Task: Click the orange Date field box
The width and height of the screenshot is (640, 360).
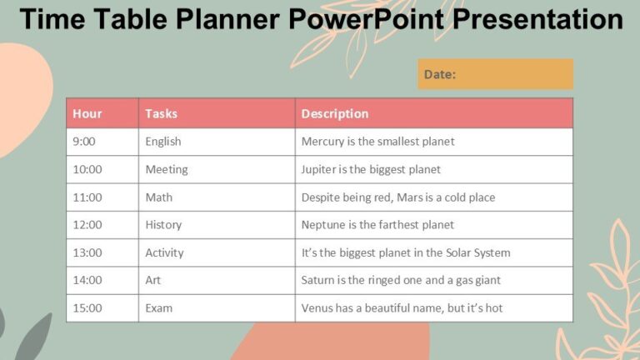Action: (495, 74)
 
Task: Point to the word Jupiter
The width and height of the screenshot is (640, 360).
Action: (320, 169)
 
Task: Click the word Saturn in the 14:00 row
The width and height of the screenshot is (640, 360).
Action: (319, 280)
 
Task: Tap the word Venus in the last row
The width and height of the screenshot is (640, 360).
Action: (317, 308)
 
